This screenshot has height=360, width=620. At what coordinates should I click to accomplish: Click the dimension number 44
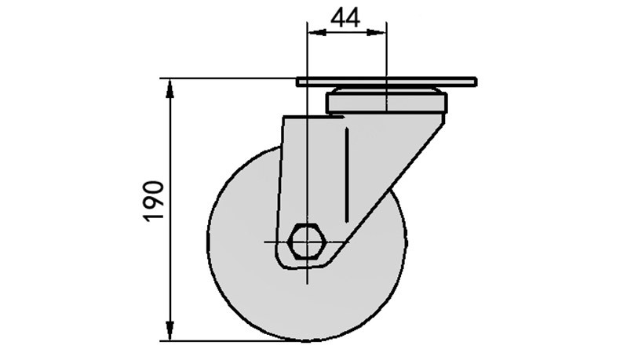(x=345, y=18)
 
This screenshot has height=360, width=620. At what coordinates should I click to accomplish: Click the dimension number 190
(x=154, y=202)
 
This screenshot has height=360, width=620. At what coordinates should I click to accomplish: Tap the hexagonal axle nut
(x=307, y=241)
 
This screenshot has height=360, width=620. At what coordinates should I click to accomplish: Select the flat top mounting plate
(x=386, y=82)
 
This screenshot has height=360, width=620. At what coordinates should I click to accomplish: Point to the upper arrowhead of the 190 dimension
(x=170, y=88)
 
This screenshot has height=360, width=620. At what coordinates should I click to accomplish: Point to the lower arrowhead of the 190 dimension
(x=170, y=331)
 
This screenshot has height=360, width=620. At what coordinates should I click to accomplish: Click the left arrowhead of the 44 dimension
(x=317, y=33)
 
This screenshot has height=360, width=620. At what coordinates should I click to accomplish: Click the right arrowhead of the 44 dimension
(x=377, y=33)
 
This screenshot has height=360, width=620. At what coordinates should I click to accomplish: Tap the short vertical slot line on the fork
(x=347, y=175)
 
